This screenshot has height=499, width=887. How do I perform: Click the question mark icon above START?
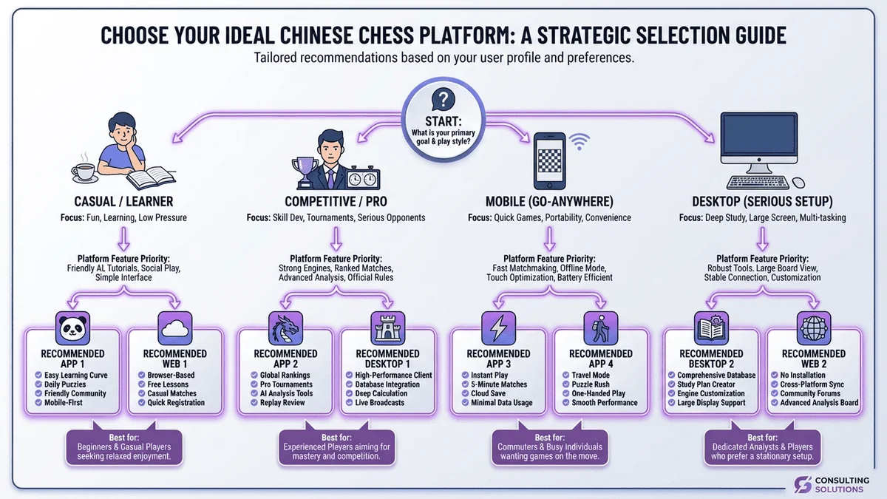443,98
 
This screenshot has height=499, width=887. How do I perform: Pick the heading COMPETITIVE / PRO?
336,201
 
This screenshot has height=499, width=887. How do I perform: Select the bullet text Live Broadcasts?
380,403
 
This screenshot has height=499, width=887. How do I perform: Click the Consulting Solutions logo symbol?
803,484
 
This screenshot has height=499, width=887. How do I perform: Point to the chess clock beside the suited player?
364,178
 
